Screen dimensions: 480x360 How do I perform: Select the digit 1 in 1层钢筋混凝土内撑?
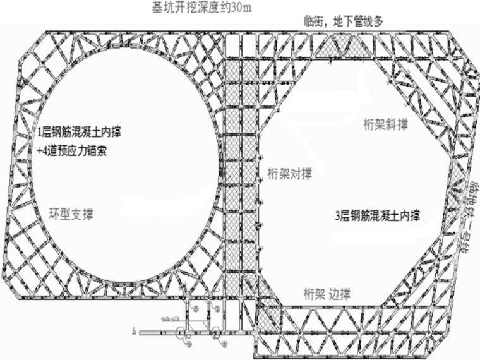pyautogui.click(x=40, y=133)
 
